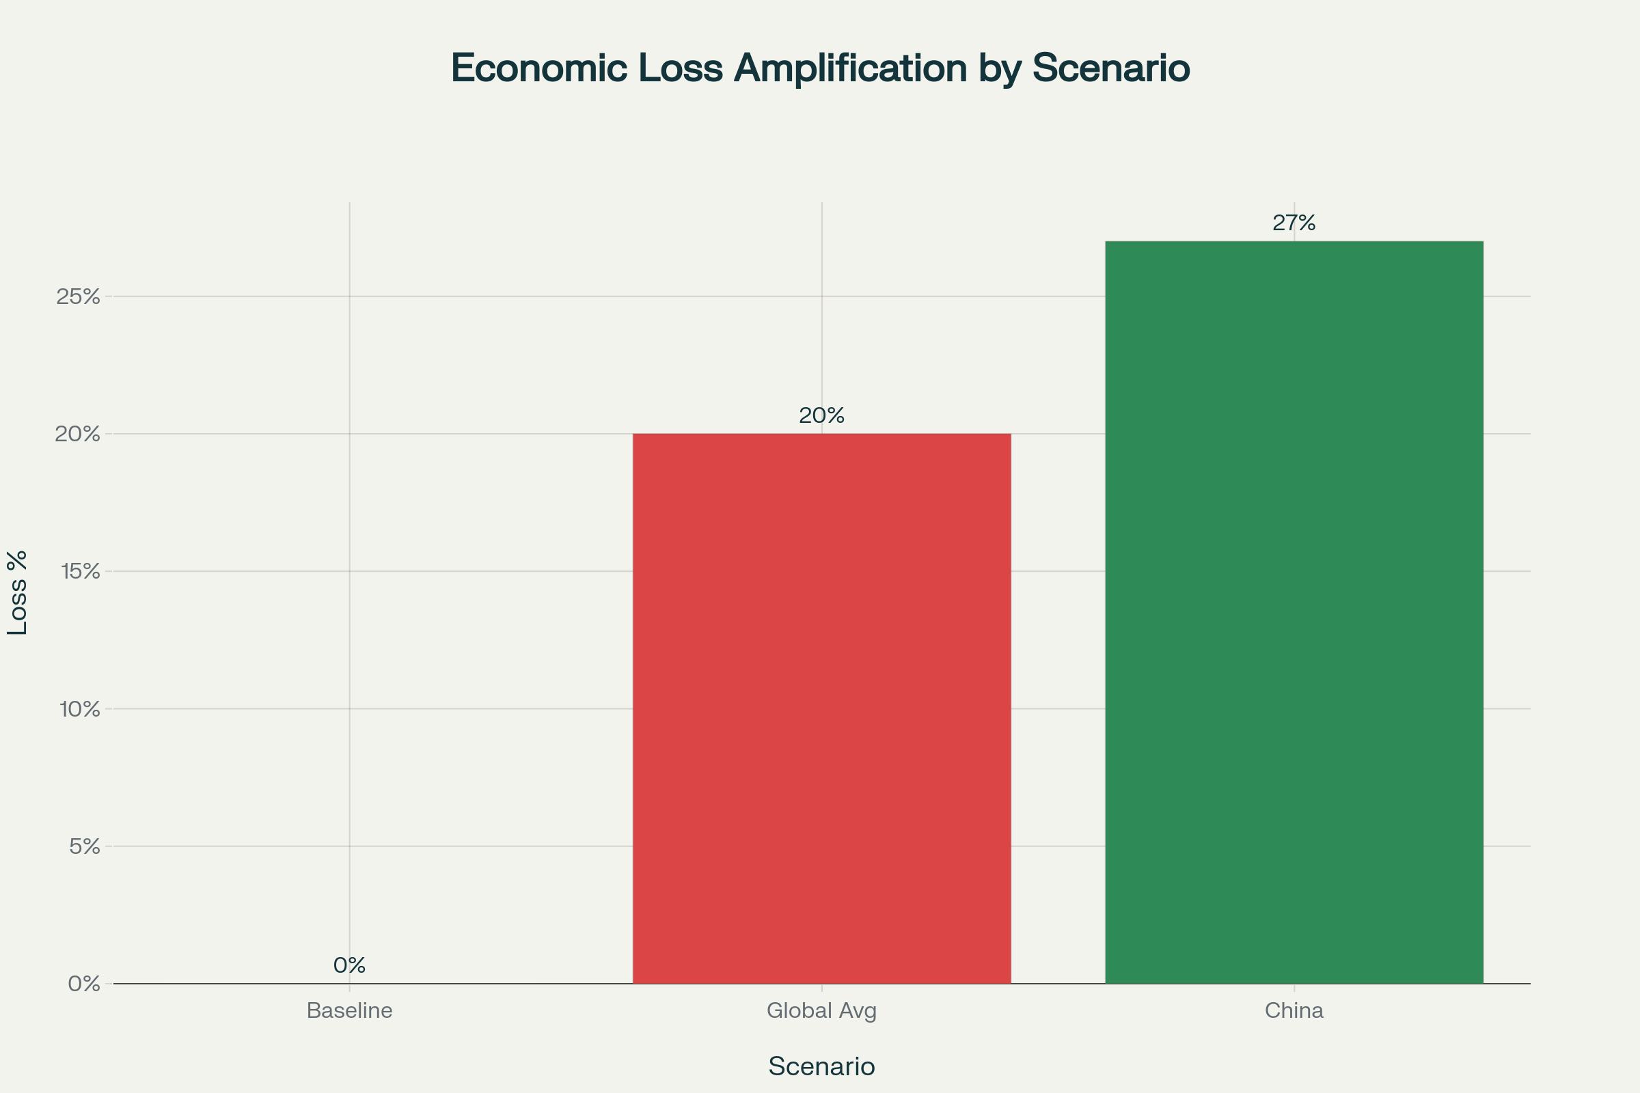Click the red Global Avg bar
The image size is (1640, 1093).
tap(821, 708)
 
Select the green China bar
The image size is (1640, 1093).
tap(1294, 612)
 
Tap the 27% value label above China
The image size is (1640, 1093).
tap(1294, 223)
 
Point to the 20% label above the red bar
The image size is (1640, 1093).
tap(821, 416)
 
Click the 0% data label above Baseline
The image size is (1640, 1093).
tap(349, 965)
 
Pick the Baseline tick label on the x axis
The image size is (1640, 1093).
tap(349, 1011)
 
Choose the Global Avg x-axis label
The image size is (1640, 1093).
tap(821, 1011)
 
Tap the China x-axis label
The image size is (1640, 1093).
tap(1294, 1011)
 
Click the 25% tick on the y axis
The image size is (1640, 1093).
tap(78, 297)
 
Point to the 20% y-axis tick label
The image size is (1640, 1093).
tap(78, 434)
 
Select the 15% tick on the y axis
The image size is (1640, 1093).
tap(80, 572)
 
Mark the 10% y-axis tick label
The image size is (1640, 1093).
tap(80, 710)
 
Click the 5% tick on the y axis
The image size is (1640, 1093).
tap(84, 847)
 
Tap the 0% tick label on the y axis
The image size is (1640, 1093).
tap(84, 984)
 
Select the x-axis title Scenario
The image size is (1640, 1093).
tap(821, 1066)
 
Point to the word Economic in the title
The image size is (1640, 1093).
tap(539, 68)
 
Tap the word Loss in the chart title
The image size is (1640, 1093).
tap(681, 68)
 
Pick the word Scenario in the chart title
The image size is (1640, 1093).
tap(1111, 68)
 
